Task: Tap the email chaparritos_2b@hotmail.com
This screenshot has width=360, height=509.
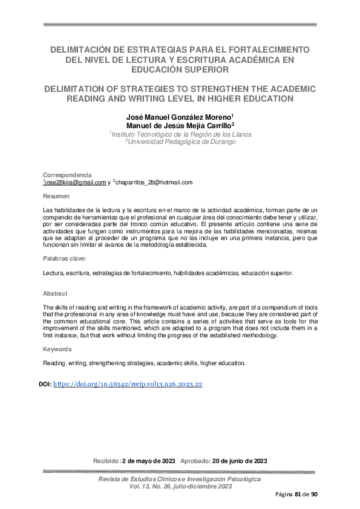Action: point(154,182)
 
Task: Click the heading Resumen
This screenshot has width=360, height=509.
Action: point(56,197)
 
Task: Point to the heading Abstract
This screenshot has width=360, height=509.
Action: point(55,293)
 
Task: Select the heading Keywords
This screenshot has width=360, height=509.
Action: point(57,349)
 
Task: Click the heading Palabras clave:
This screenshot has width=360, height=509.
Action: point(65,259)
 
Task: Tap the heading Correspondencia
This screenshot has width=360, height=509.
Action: point(68,175)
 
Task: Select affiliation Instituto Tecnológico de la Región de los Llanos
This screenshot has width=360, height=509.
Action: point(182,134)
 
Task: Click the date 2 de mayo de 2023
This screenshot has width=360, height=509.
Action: point(148,461)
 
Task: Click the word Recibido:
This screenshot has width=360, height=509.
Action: point(106,461)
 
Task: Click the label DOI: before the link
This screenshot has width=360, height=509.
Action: point(45,384)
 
